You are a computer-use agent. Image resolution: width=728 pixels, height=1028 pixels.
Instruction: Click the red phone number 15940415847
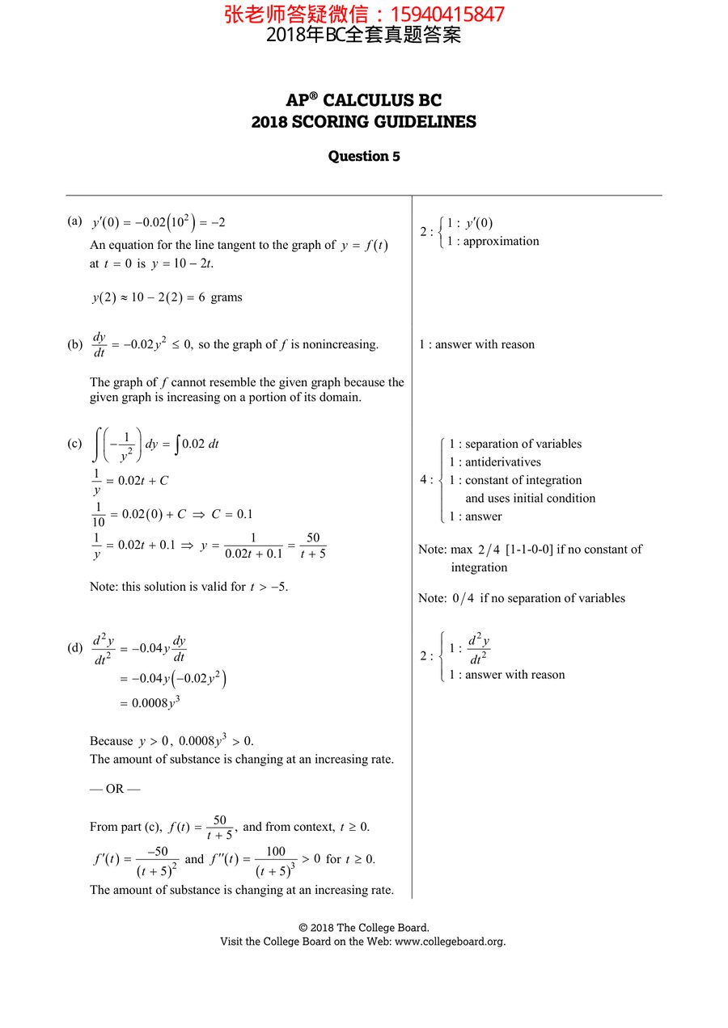click(x=447, y=14)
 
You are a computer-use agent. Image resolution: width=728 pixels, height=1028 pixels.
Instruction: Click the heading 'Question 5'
click(x=364, y=156)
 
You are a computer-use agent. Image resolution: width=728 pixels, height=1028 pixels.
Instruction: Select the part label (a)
click(x=75, y=221)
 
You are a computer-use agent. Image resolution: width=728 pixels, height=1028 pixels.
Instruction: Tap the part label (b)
click(x=75, y=344)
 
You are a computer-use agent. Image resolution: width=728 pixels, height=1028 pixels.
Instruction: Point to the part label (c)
click(x=75, y=443)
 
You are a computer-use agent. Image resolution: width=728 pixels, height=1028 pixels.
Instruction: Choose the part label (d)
click(x=75, y=647)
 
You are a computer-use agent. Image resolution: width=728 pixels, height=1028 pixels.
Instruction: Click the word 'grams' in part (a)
click(x=226, y=297)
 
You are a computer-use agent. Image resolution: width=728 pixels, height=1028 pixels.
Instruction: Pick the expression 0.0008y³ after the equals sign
click(x=155, y=702)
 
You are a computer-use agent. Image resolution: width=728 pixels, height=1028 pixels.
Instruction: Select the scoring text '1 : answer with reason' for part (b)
click(x=476, y=344)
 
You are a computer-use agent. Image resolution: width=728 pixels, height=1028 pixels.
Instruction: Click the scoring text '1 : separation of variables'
click(x=515, y=444)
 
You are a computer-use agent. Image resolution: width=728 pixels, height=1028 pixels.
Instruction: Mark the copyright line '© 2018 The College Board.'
click(x=364, y=928)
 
